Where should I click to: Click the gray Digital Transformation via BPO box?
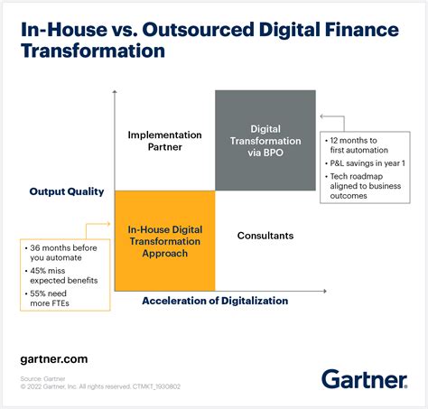coord(265,140)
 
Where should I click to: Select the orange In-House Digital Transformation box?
coord(164,240)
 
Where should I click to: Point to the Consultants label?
coord(265,236)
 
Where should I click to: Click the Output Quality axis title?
coord(67,191)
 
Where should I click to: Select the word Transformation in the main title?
coord(92,51)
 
